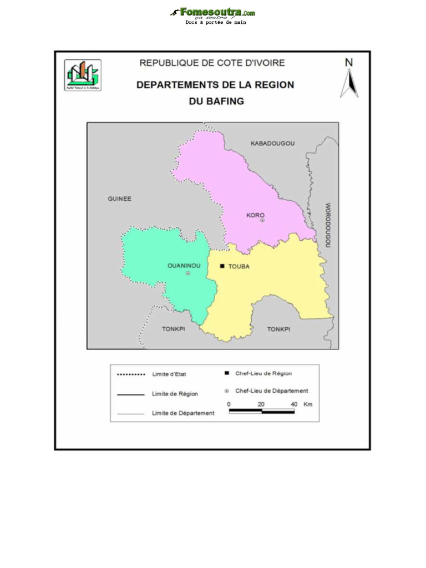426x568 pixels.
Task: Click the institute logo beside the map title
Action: (x=83, y=75)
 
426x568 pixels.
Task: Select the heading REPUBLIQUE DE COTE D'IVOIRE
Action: (x=212, y=63)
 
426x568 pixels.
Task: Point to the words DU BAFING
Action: (x=216, y=102)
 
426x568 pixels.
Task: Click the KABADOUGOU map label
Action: (x=272, y=144)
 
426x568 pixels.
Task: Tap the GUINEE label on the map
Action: (x=119, y=199)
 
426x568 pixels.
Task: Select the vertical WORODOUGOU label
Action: (x=327, y=225)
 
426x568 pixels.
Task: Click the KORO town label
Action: (x=255, y=215)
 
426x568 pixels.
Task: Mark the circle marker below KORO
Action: (x=262, y=220)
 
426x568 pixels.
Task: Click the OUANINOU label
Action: (x=184, y=266)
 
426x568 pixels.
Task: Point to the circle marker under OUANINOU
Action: (x=188, y=273)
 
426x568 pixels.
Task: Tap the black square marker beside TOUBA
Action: (x=222, y=266)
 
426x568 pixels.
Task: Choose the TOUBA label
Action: (x=239, y=266)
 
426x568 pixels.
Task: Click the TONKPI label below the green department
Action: (x=173, y=329)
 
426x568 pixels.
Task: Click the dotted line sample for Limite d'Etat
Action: (x=131, y=375)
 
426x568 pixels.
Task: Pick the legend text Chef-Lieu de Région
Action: (x=263, y=374)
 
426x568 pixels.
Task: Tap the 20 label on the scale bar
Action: (x=261, y=404)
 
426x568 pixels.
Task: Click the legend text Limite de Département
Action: (x=183, y=413)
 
